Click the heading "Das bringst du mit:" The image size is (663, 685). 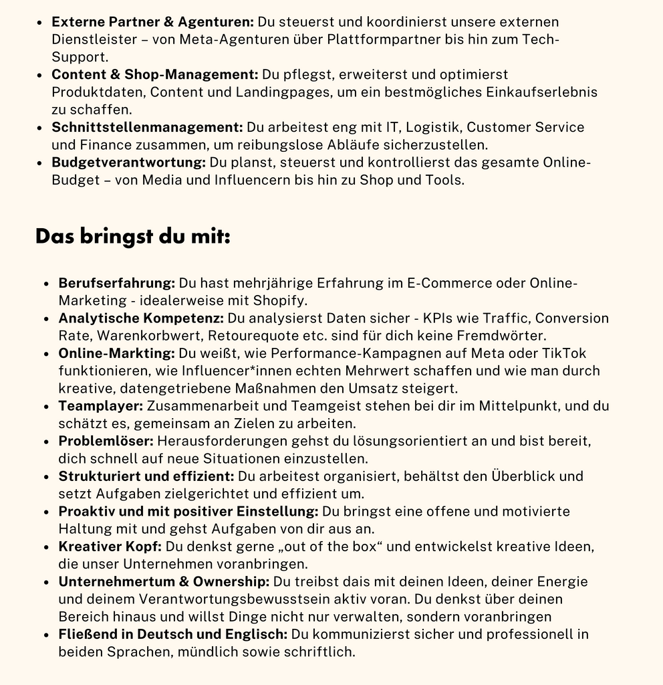coord(132,236)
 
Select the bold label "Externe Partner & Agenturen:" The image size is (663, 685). coord(152,22)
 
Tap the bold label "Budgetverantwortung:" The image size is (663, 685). coord(128,163)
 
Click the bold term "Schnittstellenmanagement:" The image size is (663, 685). coord(147,127)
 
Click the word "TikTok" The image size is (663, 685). coord(564,353)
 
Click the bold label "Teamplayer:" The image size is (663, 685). coord(100,405)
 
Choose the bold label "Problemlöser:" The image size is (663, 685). coord(106,441)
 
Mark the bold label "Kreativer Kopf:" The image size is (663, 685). coord(110,547)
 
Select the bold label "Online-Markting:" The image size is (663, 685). coord(116,353)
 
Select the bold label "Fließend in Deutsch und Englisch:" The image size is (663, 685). coord(172,634)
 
